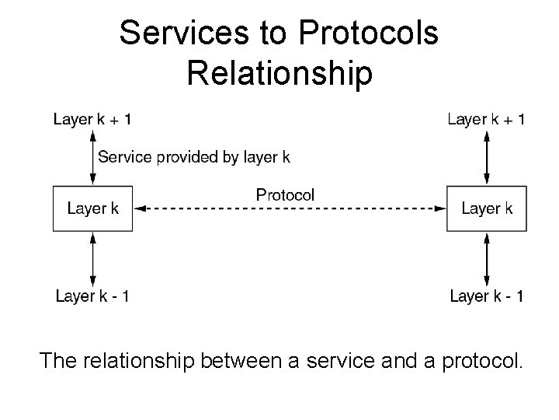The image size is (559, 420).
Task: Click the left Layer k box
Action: (92, 208)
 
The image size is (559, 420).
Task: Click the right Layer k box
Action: (486, 208)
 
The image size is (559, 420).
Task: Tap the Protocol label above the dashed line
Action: (286, 194)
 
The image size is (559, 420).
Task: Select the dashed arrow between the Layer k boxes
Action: (290, 208)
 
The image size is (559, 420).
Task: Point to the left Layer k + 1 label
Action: (92, 119)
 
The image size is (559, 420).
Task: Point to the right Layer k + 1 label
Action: (487, 119)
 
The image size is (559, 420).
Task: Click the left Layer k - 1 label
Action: (92, 296)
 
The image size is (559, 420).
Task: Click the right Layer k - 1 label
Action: (487, 296)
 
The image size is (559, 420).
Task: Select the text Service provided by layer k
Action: (194, 157)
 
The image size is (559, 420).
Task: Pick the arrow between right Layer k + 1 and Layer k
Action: (487, 158)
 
